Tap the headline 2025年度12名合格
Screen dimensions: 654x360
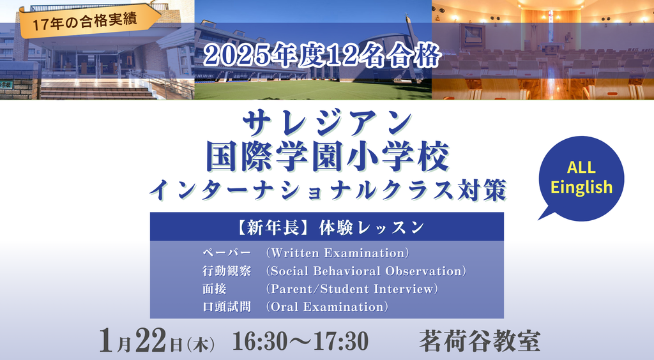point(322,56)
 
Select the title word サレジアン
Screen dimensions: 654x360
point(328,124)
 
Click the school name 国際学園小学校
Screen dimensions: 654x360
point(328,156)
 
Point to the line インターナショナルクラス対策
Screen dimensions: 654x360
point(328,190)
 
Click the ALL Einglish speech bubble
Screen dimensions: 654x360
point(581,178)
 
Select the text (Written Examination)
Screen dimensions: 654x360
point(337,253)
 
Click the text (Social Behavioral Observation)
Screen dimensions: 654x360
point(366,271)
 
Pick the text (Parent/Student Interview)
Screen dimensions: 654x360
point(352,289)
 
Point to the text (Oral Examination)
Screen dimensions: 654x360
point(327,306)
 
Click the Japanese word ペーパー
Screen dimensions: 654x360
point(227,253)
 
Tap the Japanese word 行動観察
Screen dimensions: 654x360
point(227,271)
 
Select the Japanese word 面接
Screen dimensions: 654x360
point(215,289)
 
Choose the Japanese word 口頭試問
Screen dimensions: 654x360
point(227,306)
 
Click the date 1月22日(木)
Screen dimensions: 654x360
point(157,341)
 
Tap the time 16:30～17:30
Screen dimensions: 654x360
point(300,341)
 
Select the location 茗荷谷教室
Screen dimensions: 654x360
point(480,341)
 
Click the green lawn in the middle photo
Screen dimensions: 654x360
point(313,89)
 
